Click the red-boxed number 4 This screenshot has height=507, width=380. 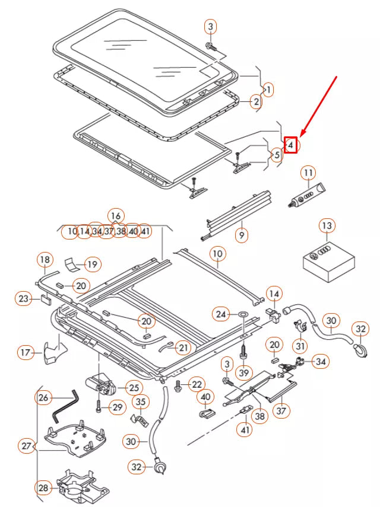point(291,144)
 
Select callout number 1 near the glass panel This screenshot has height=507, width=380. point(268,90)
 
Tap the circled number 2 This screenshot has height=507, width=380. point(256,102)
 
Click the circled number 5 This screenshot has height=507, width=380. point(276,155)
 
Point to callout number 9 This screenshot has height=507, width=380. point(242,235)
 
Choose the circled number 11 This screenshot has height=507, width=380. point(308,174)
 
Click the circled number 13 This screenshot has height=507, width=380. point(327,226)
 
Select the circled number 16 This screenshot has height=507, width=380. point(116,215)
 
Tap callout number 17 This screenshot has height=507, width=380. point(25,353)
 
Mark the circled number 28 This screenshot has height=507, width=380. point(43,488)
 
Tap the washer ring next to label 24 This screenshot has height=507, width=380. point(243,314)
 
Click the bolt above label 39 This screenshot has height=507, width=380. point(243,352)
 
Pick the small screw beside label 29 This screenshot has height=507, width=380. point(98,407)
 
